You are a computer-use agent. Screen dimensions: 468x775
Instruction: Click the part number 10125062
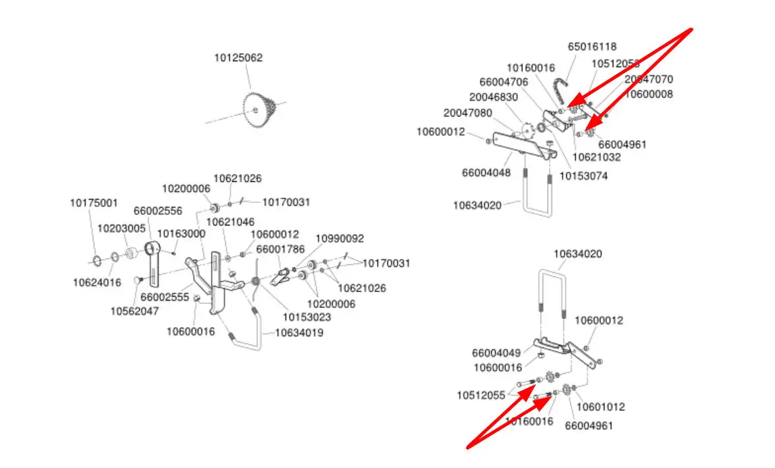click(238, 58)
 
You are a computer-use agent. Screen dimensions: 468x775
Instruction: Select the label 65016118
click(592, 47)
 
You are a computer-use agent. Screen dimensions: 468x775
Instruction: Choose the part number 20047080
click(467, 113)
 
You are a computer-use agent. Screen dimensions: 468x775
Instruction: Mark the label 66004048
click(486, 173)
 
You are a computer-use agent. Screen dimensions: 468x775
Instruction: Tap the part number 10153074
click(583, 176)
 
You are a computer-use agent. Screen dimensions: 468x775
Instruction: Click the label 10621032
click(596, 158)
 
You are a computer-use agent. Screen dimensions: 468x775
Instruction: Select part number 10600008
click(648, 94)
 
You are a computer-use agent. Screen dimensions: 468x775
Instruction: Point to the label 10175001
click(94, 202)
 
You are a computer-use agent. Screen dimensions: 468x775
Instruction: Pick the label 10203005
click(121, 228)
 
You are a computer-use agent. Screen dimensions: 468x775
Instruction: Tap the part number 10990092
click(339, 239)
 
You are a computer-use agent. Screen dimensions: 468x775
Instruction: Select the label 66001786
click(280, 249)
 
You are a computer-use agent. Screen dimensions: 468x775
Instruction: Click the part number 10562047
click(134, 311)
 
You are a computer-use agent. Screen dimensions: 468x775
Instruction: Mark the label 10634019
click(299, 333)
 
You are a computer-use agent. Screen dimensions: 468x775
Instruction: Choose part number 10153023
click(307, 317)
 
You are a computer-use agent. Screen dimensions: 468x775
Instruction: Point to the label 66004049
click(496, 353)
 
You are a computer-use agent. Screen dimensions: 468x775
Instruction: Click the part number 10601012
click(601, 407)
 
